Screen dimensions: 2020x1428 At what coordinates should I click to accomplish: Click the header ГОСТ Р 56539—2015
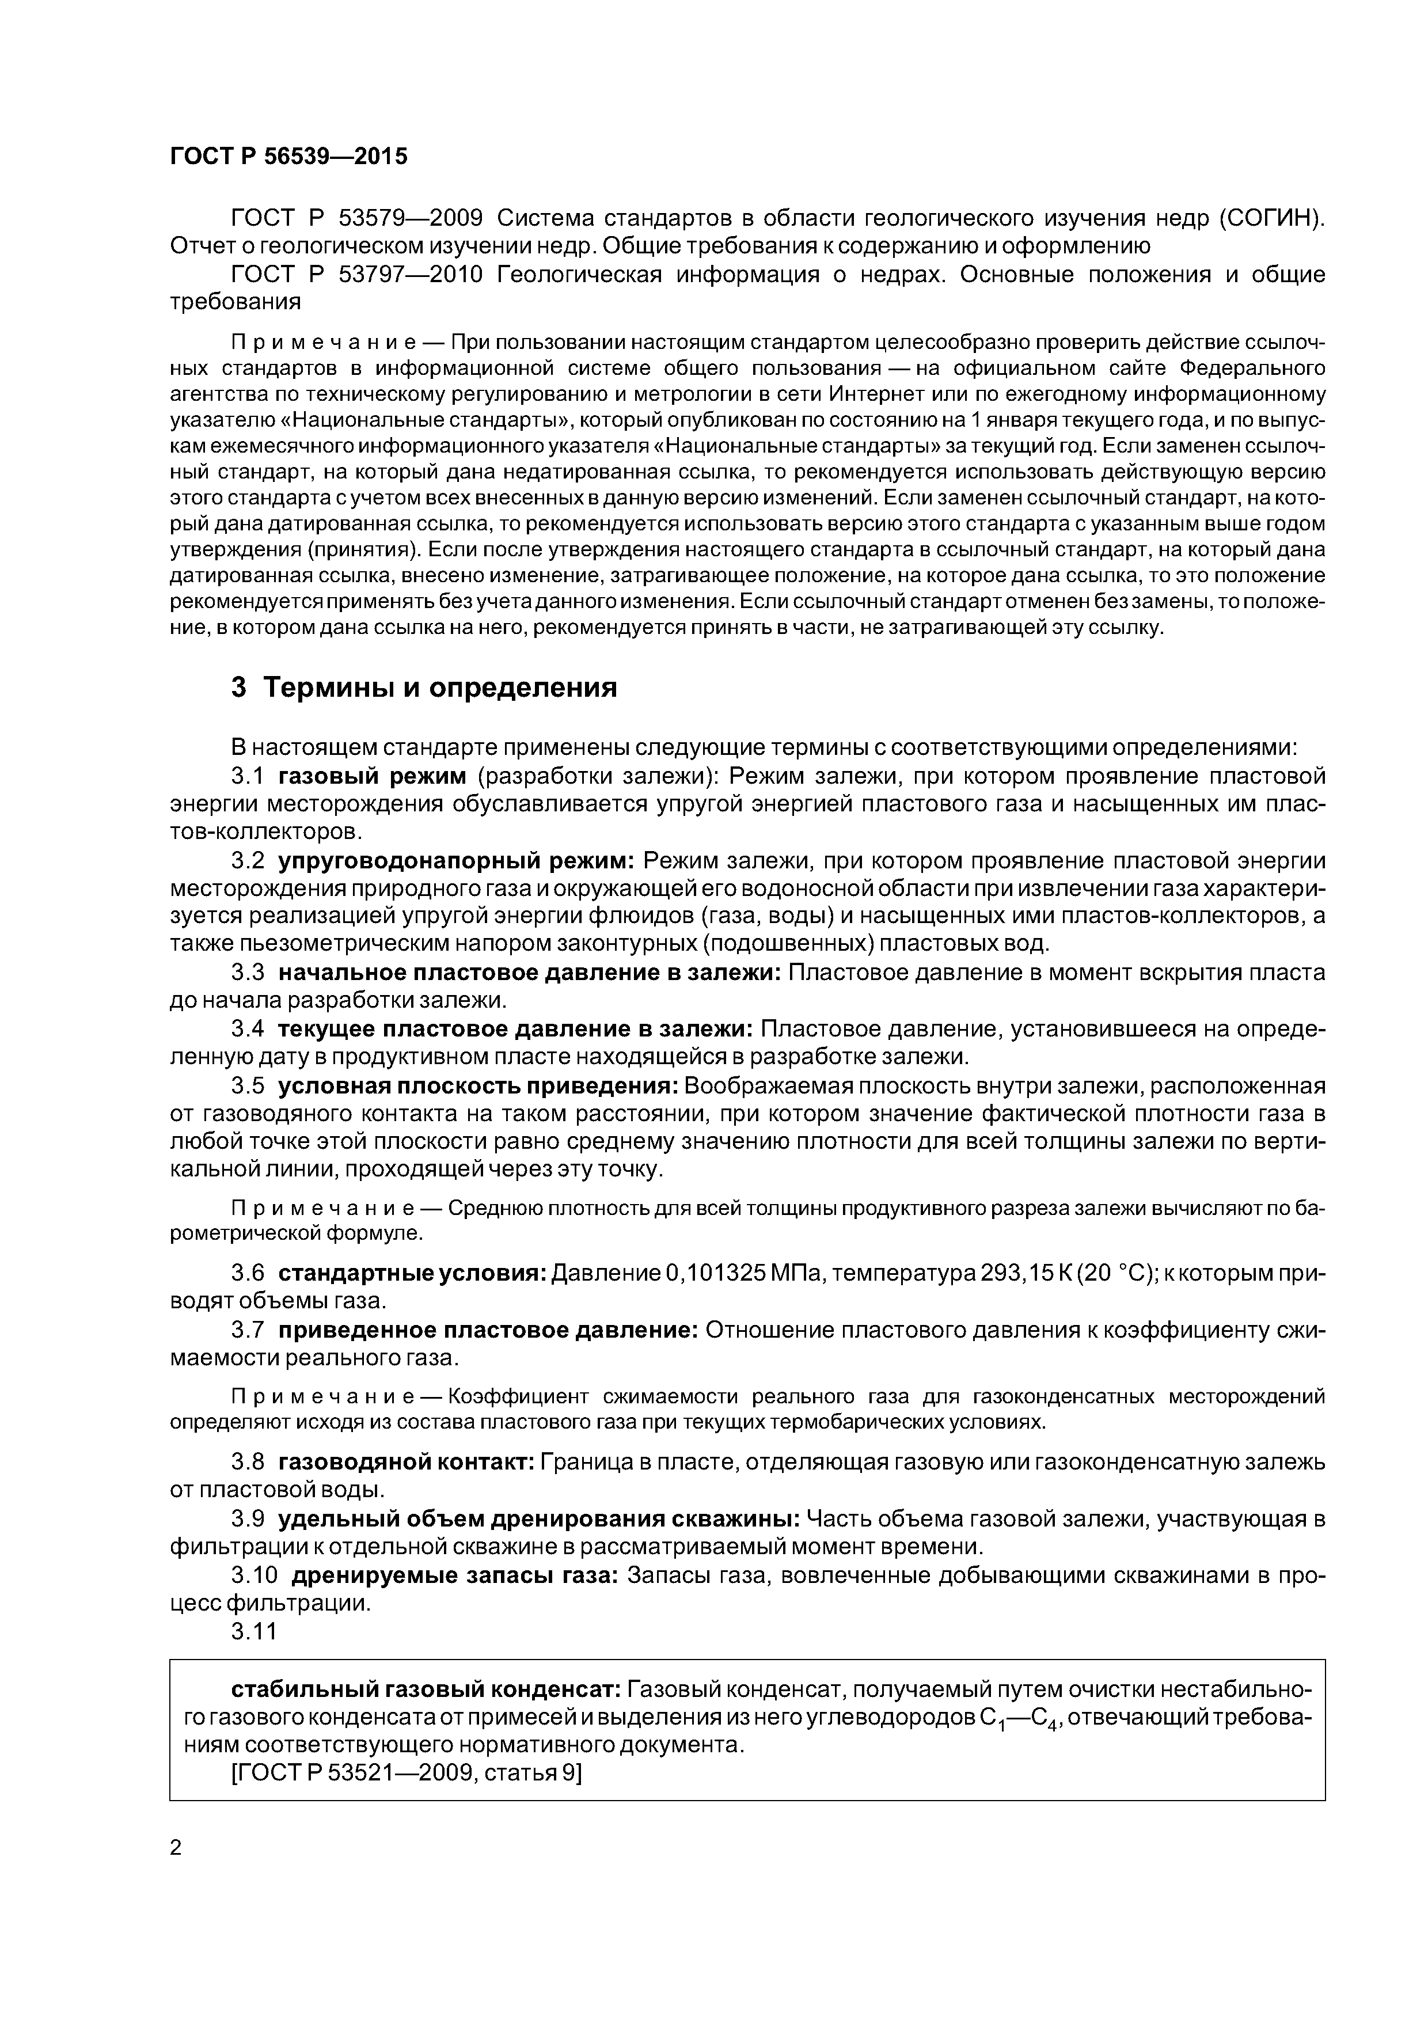(288, 157)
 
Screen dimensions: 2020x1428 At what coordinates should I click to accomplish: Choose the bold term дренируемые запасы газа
(456, 1575)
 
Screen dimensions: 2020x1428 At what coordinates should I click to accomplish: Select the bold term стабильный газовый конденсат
(426, 1689)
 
